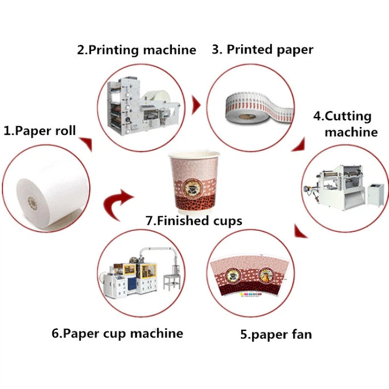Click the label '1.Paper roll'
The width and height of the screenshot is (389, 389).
tap(39, 131)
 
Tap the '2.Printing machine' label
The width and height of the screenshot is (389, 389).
tap(136, 49)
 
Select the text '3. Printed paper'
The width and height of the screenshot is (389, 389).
tap(263, 49)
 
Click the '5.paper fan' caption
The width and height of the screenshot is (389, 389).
tap(276, 334)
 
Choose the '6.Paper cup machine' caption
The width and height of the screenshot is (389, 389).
tap(117, 333)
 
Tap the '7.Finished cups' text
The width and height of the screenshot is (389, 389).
tap(194, 221)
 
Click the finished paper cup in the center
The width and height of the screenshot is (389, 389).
tap(194, 181)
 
